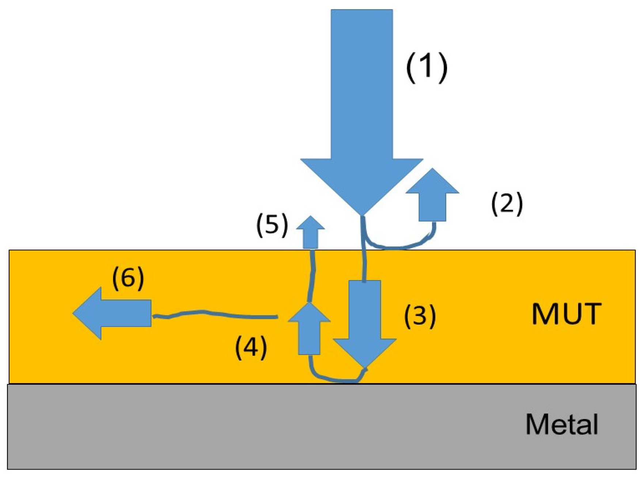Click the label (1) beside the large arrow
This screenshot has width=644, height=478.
click(x=427, y=68)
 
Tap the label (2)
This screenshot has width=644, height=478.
click(x=507, y=203)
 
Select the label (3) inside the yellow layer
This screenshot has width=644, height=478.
click(x=420, y=315)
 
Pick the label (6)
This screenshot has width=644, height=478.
click(x=128, y=278)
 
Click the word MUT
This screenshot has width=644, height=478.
click(x=566, y=314)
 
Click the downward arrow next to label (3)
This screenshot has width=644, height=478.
click(x=365, y=322)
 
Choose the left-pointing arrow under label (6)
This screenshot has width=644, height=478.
click(x=113, y=313)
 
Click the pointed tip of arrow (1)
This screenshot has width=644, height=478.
click(x=361, y=213)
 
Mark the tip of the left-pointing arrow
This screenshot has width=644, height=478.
click(x=74, y=313)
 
